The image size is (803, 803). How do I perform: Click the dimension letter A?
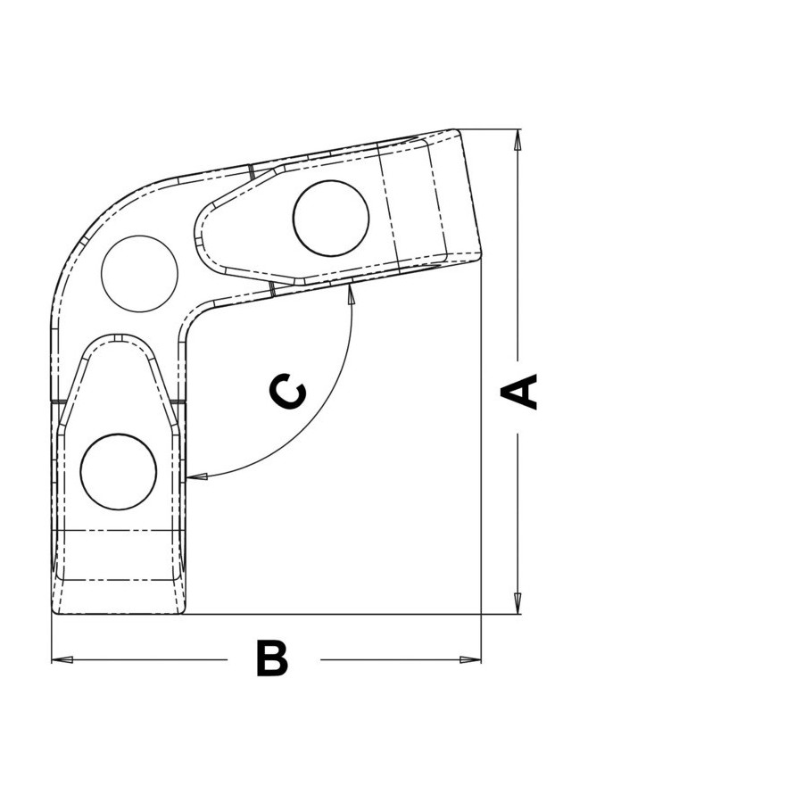pos(518,392)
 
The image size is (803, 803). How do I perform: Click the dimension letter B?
pos(272,658)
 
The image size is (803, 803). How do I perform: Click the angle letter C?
pos(287,392)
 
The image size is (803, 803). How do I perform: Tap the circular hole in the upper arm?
pos(331,219)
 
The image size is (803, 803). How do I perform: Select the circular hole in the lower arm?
pos(119,472)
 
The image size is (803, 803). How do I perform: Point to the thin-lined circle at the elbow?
pos(139,274)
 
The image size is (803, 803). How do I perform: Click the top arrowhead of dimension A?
pos(517,140)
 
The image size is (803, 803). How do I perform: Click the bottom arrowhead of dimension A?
pos(517,603)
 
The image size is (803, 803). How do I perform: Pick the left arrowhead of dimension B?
pos(62,659)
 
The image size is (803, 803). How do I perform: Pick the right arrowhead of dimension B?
pos(470,659)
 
